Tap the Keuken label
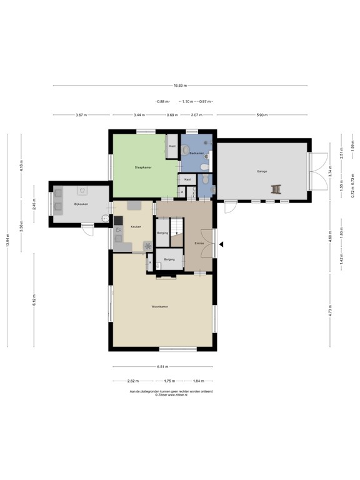click(x=136, y=227)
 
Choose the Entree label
click(x=199, y=242)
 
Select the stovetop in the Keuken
click(x=118, y=220)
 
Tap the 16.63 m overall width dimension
click(x=179, y=86)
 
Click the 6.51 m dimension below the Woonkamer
click(x=162, y=367)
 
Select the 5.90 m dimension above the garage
click(x=262, y=115)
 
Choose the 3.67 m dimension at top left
click(x=81, y=115)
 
